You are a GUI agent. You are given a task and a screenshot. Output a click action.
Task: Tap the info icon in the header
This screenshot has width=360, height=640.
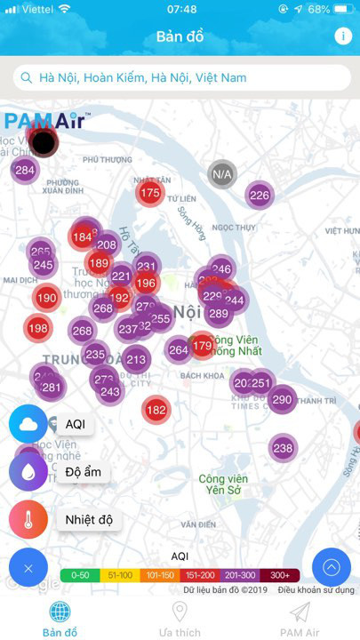tap(343, 36)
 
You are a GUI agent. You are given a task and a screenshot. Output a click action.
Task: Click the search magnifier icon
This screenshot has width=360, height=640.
tap(28, 78)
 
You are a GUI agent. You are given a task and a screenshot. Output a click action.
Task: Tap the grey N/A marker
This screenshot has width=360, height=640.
tap(222, 174)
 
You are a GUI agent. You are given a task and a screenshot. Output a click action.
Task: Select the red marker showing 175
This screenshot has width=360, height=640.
tap(150, 193)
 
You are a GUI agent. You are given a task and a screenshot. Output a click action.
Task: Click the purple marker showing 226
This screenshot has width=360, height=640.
tap(259, 196)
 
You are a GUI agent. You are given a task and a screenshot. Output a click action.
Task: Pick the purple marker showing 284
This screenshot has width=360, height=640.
tap(25, 170)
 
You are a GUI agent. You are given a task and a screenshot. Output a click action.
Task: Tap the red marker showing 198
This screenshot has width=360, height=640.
tap(37, 328)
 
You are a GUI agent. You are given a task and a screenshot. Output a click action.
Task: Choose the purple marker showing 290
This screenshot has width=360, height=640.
tap(282, 400)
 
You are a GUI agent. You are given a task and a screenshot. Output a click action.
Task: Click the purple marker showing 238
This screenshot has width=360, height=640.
tap(283, 449)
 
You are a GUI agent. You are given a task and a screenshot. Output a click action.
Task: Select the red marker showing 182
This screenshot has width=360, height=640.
tap(156, 410)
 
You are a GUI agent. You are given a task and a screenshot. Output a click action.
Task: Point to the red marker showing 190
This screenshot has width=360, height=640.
tap(47, 299)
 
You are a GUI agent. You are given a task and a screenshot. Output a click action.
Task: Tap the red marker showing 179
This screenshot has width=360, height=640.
tap(203, 346)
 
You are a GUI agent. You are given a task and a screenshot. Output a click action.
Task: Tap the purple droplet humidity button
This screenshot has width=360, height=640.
tap(28, 471)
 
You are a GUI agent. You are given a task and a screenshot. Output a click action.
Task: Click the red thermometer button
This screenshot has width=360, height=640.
tap(28, 520)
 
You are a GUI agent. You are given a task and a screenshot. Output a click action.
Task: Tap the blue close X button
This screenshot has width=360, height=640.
tap(28, 568)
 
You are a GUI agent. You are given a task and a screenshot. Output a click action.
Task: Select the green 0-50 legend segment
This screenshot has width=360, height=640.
tap(81, 575)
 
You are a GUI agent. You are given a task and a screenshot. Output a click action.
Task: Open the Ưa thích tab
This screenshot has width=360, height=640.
tap(180, 618)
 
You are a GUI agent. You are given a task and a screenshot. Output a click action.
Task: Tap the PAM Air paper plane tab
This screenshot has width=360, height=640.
tap(300, 618)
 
